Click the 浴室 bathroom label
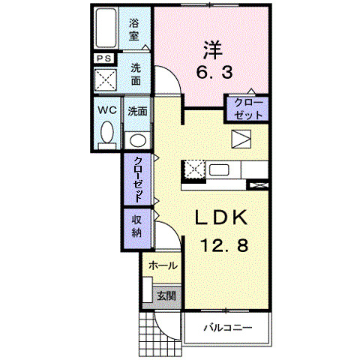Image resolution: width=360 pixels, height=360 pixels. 136,28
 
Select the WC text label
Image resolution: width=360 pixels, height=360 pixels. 106,109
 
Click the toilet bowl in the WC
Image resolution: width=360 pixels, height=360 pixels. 106,136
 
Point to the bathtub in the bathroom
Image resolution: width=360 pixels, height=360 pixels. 106,28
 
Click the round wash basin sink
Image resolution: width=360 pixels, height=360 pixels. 136,139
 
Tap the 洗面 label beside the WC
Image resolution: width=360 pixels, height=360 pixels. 136,111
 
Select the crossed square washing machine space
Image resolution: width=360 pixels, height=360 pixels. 106,79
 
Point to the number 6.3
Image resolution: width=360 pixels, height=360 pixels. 213,73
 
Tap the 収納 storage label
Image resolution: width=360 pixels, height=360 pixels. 137,226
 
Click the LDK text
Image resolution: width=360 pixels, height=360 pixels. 221,217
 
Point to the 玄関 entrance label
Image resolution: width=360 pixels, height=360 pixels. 166,295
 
